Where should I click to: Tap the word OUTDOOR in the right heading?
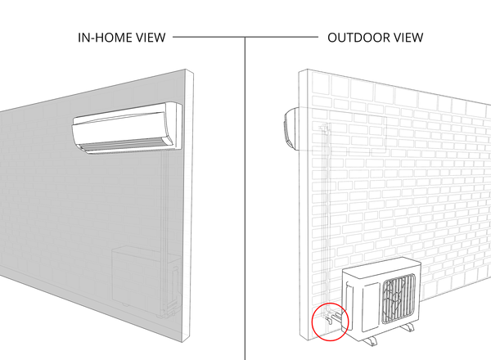pyautogui.click(x=356, y=38)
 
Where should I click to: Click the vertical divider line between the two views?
pyautogui.click(x=245, y=199)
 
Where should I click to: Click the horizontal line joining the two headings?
pyautogui.click(x=245, y=37)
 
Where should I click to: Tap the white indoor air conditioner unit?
pyautogui.click(x=127, y=128)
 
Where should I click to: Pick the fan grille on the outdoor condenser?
pyautogui.click(x=399, y=299)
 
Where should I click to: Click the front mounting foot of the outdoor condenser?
pyautogui.click(x=370, y=340)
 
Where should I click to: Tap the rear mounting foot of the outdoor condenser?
pyautogui.click(x=408, y=327)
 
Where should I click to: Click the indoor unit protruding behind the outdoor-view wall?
pyautogui.click(x=290, y=128)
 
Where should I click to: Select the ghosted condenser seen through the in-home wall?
pyautogui.click(x=146, y=279)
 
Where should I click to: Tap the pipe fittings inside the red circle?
pyautogui.click(x=332, y=317)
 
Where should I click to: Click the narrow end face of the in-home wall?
pyautogui.click(x=188, y=205)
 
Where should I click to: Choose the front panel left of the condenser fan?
pyautogui.click(x=371, y=307)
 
